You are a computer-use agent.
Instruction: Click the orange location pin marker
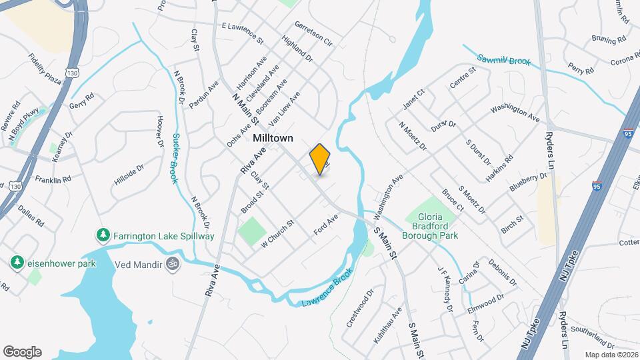pos(320,159)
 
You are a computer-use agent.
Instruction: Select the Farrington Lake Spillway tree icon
pos(103,235)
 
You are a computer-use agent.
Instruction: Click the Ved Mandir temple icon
pos(173,264)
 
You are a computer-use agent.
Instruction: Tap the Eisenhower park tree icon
pos(17,263)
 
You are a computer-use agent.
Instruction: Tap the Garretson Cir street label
pos(313,32)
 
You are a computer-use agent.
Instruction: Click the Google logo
pos(22,352)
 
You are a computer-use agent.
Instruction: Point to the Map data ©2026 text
pos(611,355)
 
